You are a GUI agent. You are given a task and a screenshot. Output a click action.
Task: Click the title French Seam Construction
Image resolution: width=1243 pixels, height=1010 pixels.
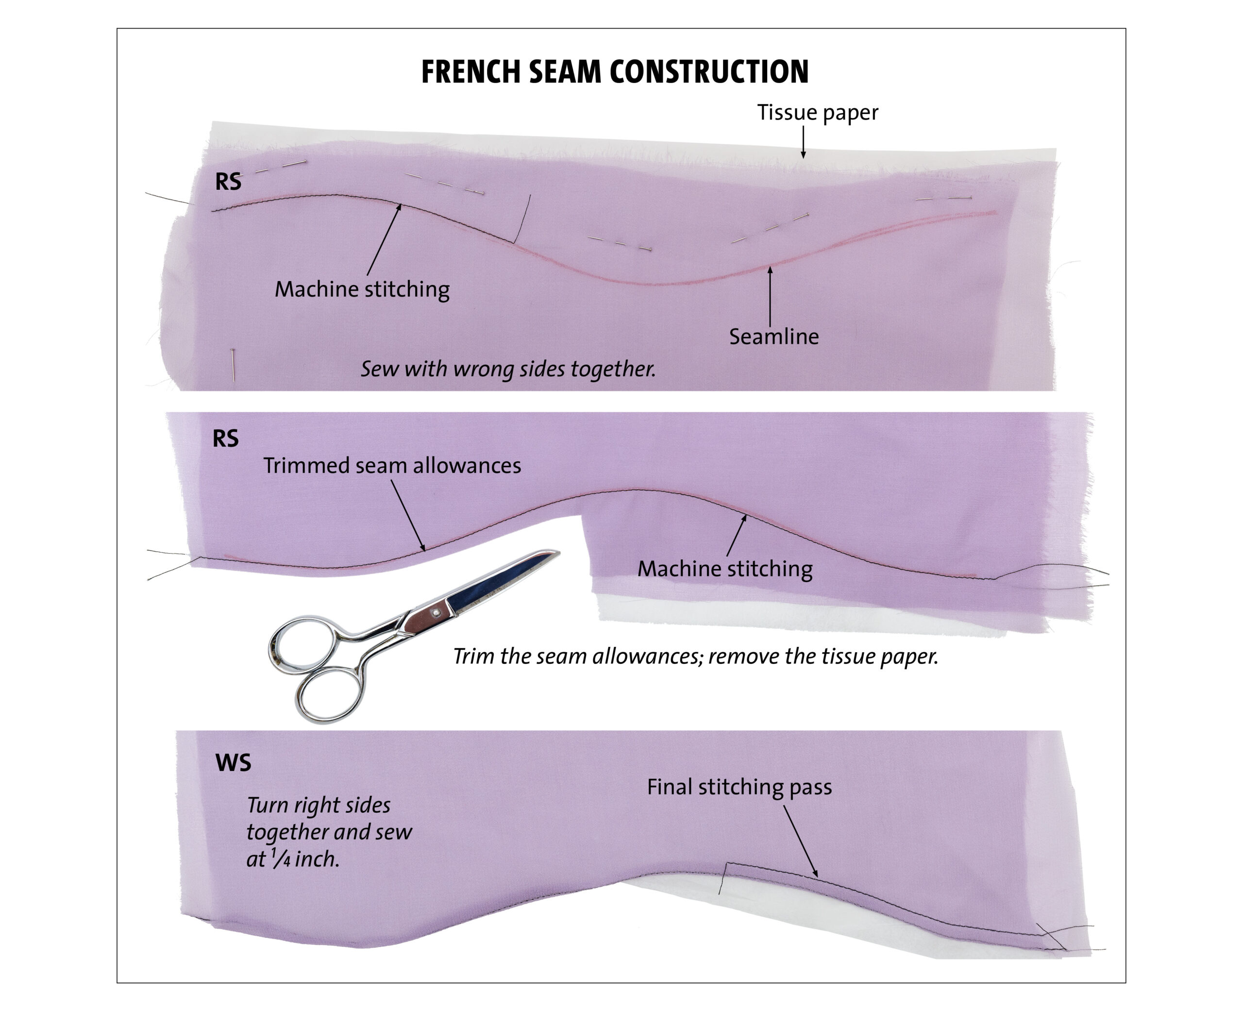point(615,72)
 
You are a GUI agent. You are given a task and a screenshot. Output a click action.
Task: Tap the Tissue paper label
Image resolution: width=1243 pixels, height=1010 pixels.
point(817,112)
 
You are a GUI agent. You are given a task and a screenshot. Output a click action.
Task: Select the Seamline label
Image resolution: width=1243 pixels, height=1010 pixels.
point(773,337)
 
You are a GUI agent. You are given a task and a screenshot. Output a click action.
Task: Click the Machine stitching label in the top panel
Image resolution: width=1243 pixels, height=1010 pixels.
point(362,289)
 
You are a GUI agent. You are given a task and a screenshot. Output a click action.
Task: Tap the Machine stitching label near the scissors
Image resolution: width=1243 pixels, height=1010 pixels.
point(725,569)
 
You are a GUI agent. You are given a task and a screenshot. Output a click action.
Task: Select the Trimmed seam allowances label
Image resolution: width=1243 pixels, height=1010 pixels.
point(392,466)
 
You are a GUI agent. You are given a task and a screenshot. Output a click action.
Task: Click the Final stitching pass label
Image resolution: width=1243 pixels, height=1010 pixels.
point(739,787)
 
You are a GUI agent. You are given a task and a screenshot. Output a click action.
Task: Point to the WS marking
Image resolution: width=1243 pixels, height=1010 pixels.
point(233,763)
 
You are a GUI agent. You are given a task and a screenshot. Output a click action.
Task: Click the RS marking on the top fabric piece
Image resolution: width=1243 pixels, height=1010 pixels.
point(228,182)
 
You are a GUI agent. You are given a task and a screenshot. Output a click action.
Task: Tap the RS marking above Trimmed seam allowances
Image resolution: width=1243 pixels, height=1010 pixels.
point(226,438)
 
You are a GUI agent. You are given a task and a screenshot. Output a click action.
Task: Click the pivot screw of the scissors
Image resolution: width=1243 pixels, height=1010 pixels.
point(435,613)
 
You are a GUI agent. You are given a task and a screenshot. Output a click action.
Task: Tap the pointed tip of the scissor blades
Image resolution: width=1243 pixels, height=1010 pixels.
point(559,552)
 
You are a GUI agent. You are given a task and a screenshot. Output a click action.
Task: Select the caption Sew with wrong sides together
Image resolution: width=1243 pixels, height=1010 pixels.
point(508,369)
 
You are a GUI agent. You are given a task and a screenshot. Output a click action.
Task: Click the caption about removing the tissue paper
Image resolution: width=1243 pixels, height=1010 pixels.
point(696,656)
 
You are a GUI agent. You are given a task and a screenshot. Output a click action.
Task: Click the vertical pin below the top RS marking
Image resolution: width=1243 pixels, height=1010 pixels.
point(233,364)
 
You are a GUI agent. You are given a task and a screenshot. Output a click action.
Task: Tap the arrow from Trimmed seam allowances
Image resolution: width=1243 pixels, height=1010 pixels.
point(408,516)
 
